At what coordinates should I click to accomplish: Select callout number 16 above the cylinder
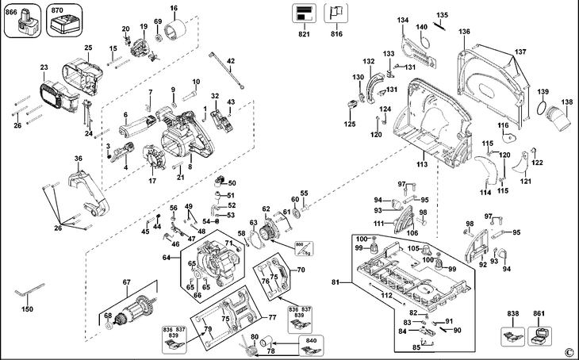click(174, 8)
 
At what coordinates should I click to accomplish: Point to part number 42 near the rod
click(231, 61)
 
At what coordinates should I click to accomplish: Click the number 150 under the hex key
click(27, 308)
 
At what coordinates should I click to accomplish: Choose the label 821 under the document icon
click(302, 36)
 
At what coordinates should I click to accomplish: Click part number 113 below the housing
click(421, 164)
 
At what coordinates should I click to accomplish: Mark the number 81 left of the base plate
click(335, 282)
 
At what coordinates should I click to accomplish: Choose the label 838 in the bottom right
click(513, 314)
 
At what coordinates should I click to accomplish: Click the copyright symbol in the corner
click(568, 351)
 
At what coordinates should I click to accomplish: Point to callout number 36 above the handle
click(79, 159)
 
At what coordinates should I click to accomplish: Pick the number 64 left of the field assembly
click(167, 259)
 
